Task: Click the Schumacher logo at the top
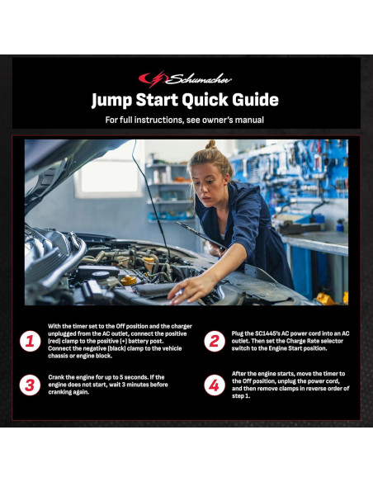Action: (x=185, y=79)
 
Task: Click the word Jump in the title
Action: (x=112, y=100)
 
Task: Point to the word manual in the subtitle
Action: (x=249, y=120)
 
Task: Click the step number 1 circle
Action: (x=30, y=341)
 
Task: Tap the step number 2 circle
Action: (x=215, y=341)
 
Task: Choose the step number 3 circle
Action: (x=30, y=385)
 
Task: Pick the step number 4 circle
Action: (x=215, y=385)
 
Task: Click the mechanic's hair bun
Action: (x=211, y=144)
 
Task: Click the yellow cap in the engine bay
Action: (x=129, y=280)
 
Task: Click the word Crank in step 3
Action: (x=57, y=377)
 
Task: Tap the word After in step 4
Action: (x=240, y=374)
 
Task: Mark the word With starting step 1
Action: (x=55, y=326)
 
